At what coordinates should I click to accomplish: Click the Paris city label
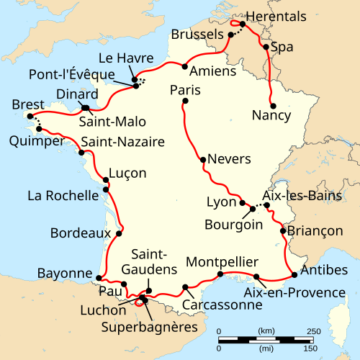coord(185,91)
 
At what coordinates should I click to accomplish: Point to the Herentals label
coord(276,17)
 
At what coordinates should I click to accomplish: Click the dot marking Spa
coord(266,48)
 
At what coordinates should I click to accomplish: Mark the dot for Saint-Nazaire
coord(81,153)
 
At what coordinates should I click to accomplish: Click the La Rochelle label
coord(61,195)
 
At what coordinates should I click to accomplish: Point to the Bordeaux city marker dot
coord(119,233)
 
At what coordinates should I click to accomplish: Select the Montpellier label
coord(221,261)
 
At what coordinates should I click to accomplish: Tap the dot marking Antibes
coord(294,274)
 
